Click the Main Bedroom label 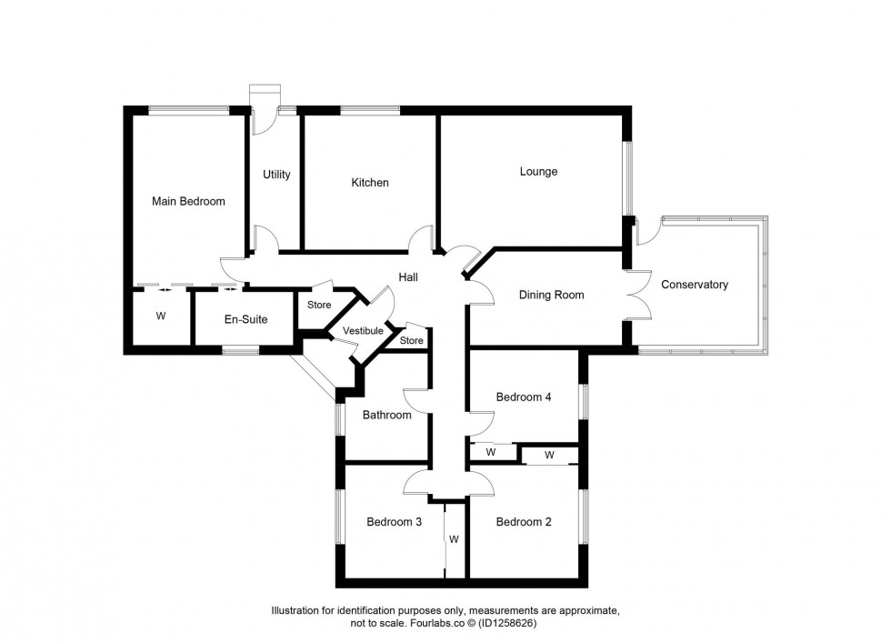(188, 201)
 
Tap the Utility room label (276, 175)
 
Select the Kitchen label (370, 183)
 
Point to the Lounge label (538, 171)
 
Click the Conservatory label (695, 285)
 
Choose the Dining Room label (551, 295)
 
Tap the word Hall (407, 276)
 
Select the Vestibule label (363, 331)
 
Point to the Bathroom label (387, 416)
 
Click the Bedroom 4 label (524, 397)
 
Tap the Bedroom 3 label (394, 522)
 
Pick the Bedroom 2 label (524, 522)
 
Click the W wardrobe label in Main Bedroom (161, 316)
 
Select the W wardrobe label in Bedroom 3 (454, 538)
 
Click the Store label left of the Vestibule (319, 305)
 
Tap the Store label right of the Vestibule (412, 341)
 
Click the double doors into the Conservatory (637, 294)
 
